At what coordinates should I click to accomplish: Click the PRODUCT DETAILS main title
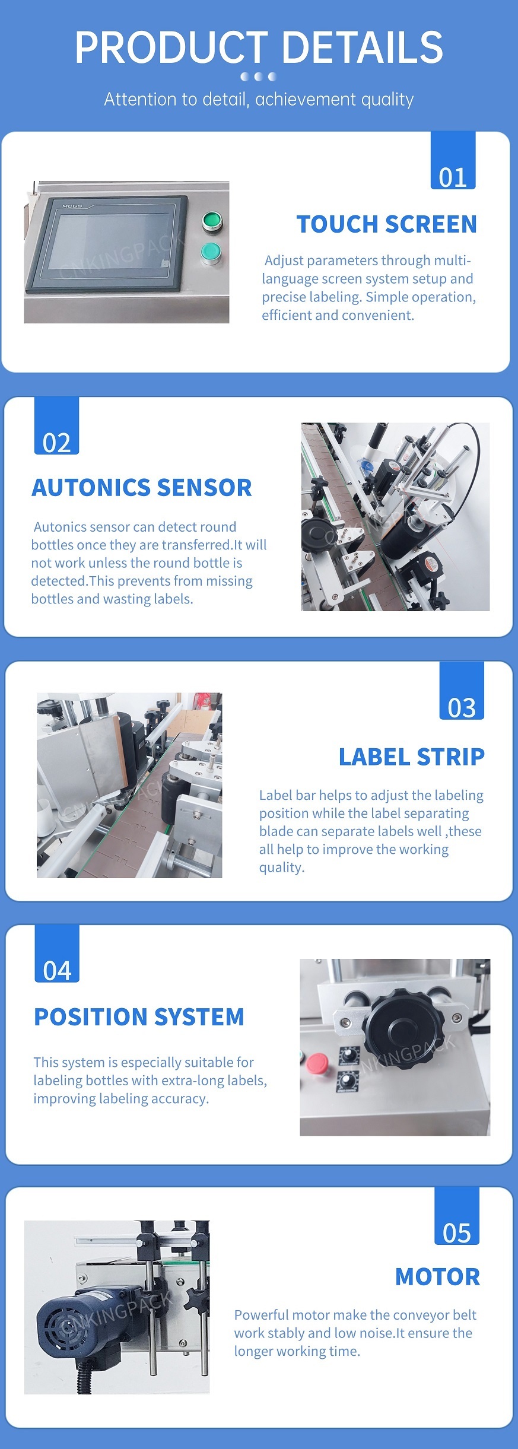259,47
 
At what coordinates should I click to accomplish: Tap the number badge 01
453,160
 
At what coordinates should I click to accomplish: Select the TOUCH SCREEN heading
387,224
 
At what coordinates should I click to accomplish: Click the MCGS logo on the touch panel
72,206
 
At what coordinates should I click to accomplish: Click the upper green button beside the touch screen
211,221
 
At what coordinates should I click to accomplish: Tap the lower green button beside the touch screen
210,252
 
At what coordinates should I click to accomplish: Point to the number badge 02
57,425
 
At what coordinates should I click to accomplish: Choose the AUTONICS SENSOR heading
142,488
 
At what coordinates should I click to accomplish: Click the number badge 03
462,690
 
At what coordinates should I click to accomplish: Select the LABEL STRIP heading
412,757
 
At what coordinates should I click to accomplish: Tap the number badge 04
57,954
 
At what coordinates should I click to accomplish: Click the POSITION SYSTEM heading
139,1016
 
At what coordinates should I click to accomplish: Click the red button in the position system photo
317,1063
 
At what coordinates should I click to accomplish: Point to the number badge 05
457,1216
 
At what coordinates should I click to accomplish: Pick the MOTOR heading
438,1276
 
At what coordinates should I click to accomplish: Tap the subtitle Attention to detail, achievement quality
259,99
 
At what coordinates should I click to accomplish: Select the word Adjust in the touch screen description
282,260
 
